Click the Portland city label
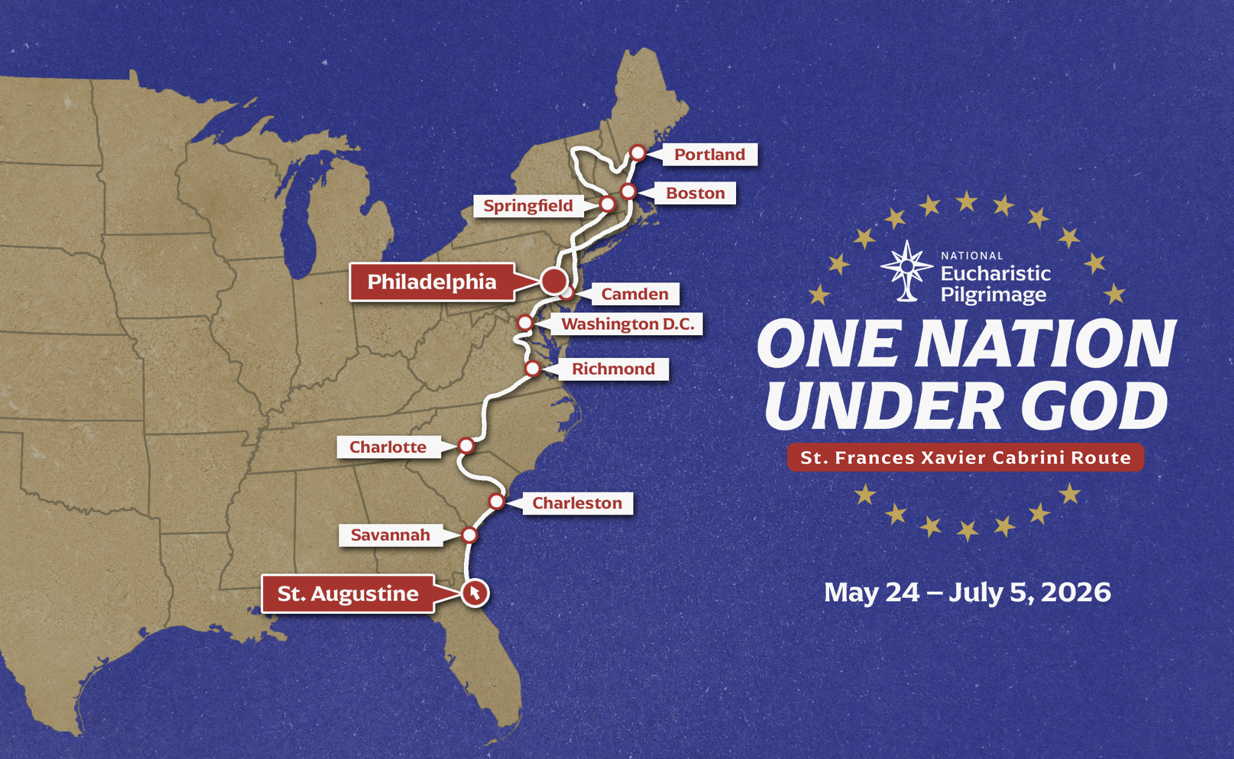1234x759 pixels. [x=709, y=154]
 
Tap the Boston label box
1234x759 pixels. [x=695, y=193]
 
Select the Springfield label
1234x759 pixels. [x=528, y=205]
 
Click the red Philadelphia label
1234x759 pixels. [x=432, y=282]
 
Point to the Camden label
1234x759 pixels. [x=635, y=294]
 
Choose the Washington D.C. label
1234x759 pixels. [x=628, y=324]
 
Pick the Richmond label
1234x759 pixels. [x=613, y=369]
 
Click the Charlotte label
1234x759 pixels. [x=388, y=447]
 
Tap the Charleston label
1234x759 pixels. [x=577, y=503]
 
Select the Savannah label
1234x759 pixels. [x=390, y=535]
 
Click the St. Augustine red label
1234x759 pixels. [x=348, y=593]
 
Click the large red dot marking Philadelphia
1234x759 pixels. [x=553, y=280]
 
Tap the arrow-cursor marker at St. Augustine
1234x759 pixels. [x=475, y=593]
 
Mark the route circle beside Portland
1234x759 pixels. [x=637, y=153]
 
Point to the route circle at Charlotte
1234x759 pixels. [x=466, y=446]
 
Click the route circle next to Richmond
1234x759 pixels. [x=533, y=369]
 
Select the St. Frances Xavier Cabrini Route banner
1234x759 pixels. [x=965, y=457]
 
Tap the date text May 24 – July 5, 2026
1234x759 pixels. [x=967, y=592]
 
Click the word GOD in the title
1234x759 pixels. [x=1094, y=405]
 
